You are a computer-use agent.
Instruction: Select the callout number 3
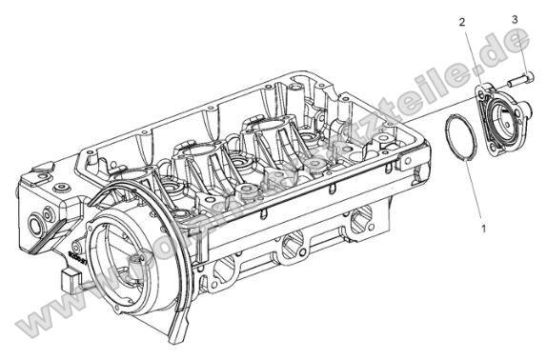[516, 19]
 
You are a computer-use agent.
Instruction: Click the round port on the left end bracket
[40, 226]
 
